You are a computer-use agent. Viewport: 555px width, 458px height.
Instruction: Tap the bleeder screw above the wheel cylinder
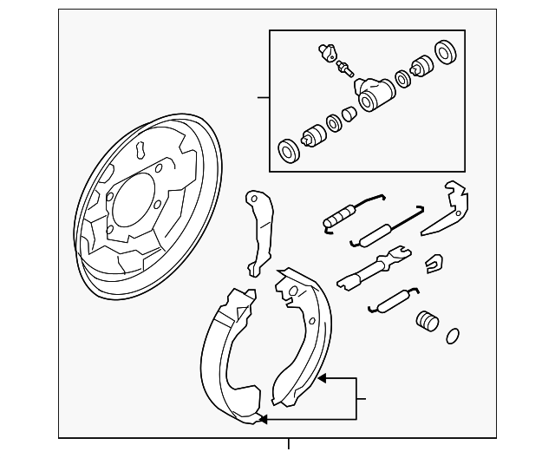tap(344, 68)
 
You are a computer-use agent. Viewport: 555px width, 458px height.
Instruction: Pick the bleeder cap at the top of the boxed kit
tap(325, 51)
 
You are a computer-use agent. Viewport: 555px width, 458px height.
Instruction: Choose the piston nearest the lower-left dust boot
tap(312, 135)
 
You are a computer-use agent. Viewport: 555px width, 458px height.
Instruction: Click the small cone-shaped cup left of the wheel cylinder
tap(349, 113)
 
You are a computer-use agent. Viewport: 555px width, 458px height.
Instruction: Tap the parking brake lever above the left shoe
tap(258, 229)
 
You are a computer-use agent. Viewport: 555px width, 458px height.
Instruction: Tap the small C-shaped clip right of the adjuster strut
tap(431, 261)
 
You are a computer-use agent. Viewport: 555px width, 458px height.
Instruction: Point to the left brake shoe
tap(227, 356)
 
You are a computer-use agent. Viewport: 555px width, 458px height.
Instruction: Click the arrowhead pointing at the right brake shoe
tap(322, 377)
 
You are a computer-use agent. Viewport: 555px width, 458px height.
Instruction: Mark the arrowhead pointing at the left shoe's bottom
tap(263, 420)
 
